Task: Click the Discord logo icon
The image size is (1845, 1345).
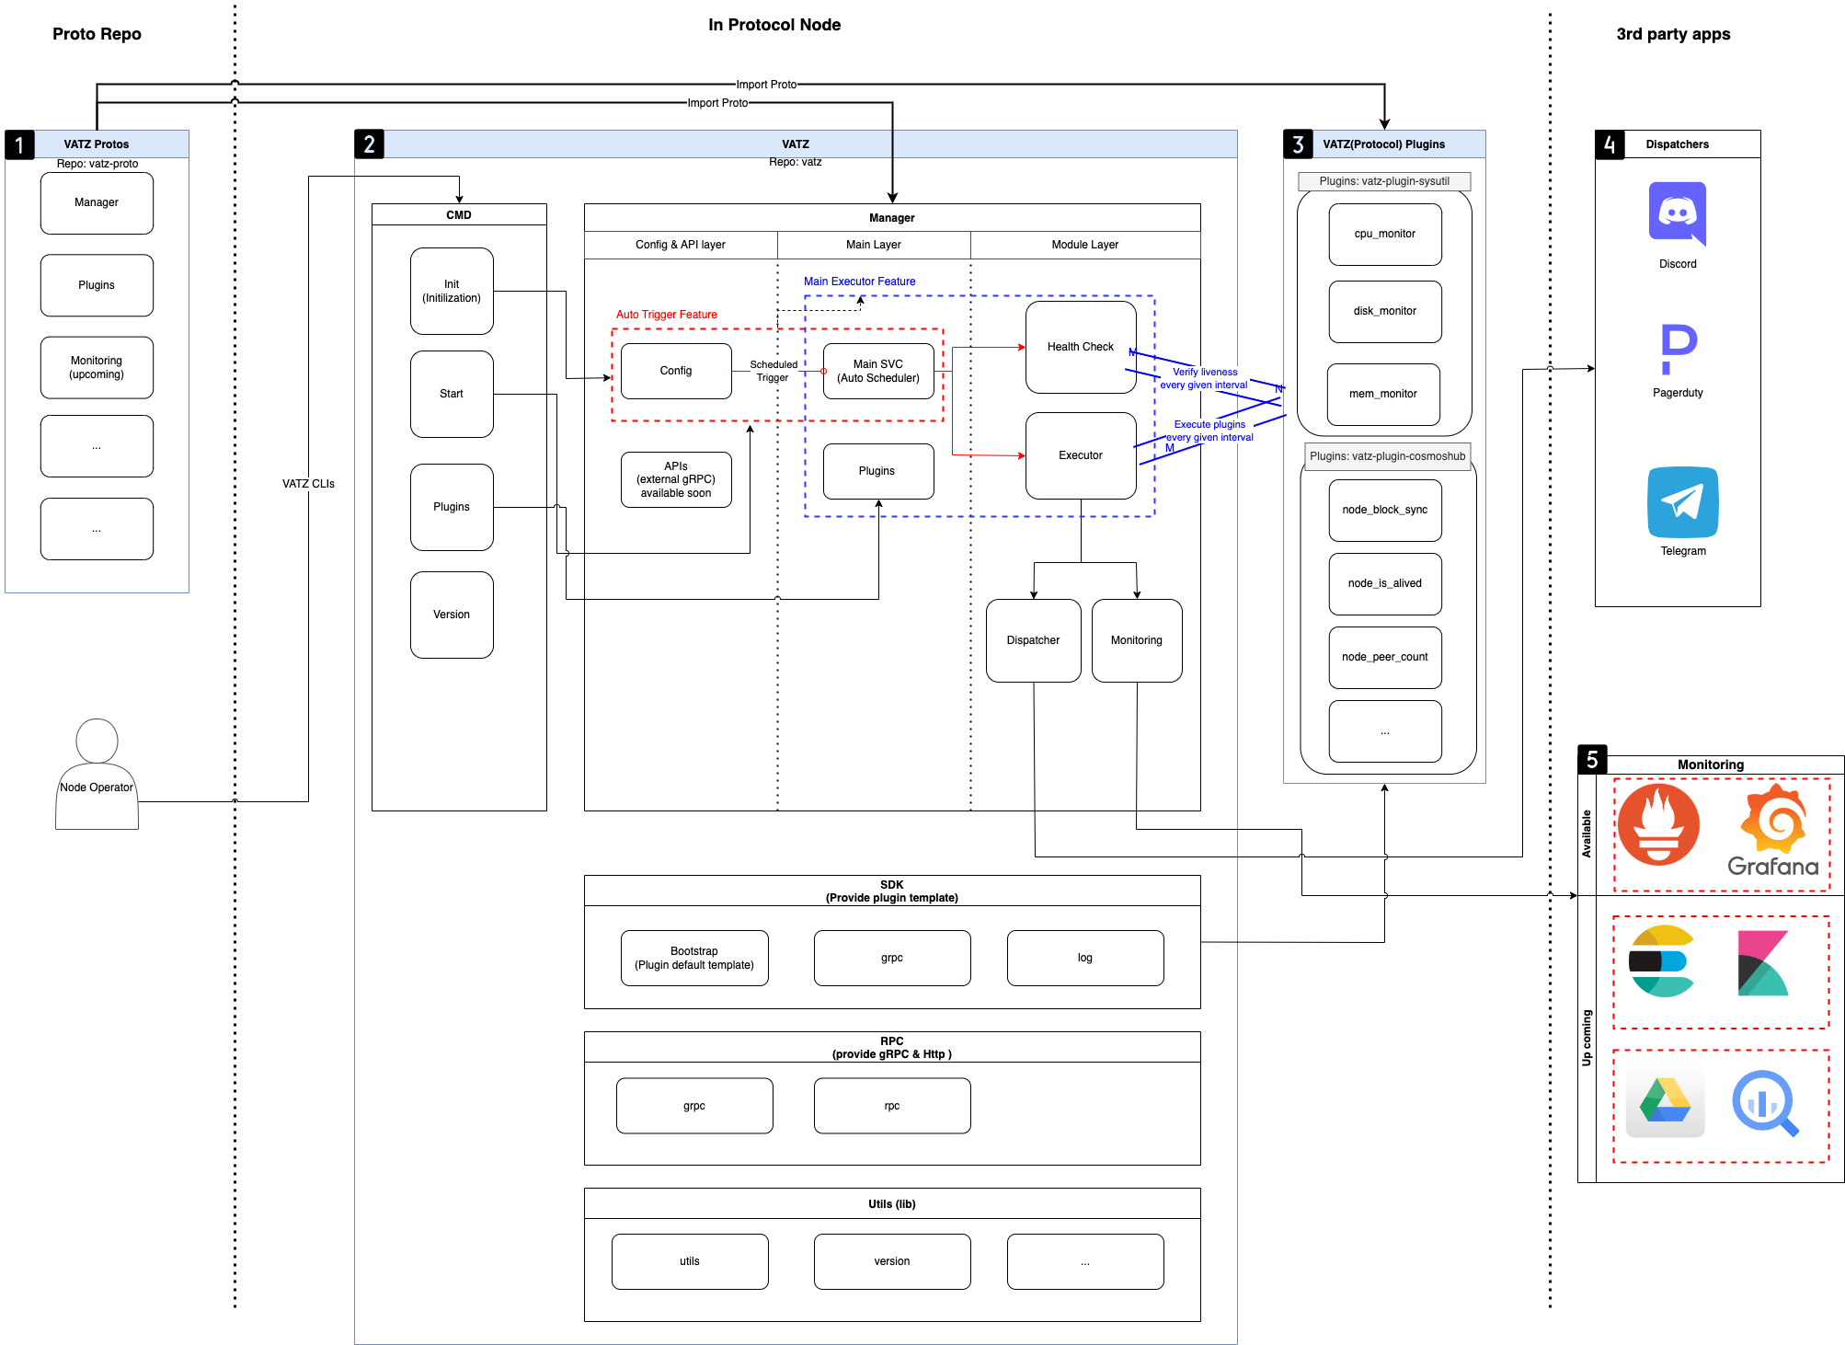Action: (1677, 213)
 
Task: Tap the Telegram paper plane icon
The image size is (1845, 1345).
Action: (1682, 502)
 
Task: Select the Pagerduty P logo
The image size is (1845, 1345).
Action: (1678, 349)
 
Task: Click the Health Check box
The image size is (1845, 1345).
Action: (1080, 347)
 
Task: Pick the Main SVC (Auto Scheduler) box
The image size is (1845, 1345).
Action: (877, 371)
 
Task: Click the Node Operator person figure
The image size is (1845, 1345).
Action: (97, 773)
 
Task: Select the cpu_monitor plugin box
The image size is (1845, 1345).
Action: (1384, 234)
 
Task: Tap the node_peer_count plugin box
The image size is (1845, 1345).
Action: (1384, 657)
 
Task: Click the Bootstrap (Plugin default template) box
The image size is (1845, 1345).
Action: (693, 958)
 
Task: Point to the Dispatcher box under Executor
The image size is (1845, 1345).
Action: (1033, 640)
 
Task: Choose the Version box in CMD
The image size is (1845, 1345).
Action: (451, 615)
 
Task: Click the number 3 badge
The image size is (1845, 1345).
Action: (1298, 144)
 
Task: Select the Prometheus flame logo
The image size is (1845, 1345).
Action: (1658, 824)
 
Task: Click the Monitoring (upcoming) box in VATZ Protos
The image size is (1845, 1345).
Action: (97, 367)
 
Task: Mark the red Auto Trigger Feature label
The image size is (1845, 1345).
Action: (666, 315)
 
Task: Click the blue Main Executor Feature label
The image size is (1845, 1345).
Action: (859, 282)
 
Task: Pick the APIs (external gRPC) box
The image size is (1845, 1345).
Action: (675, 479)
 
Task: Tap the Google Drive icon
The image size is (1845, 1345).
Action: (1665, 1101)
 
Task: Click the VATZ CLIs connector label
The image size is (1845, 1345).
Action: (308, 484)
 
